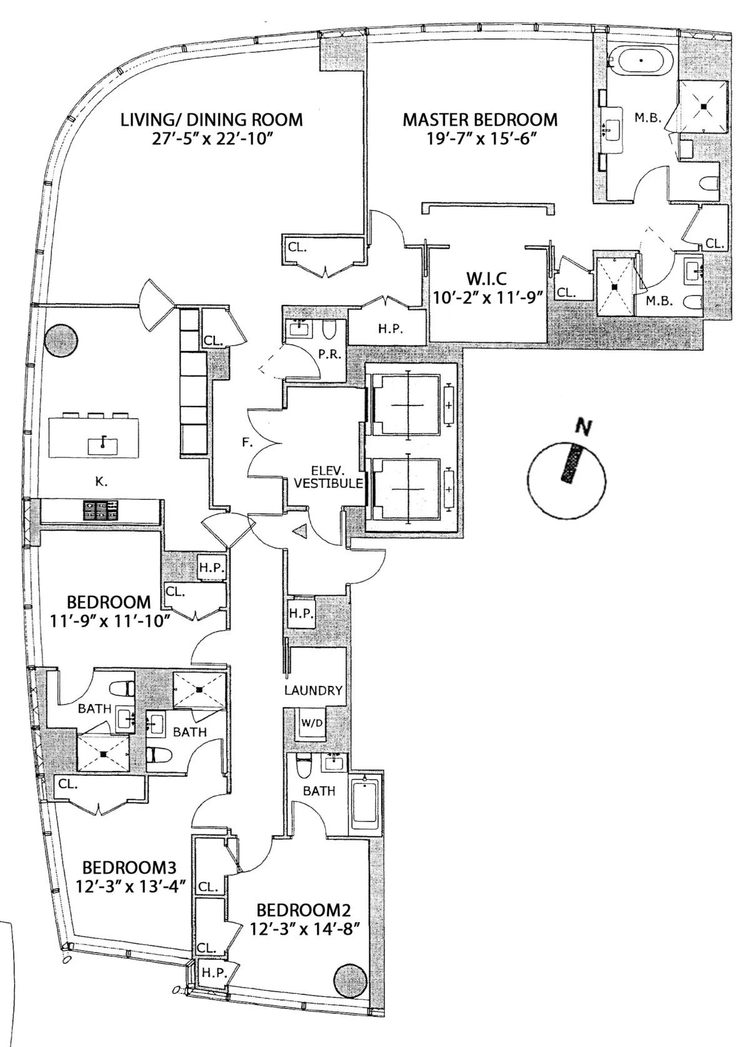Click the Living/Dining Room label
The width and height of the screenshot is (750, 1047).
[211, 119]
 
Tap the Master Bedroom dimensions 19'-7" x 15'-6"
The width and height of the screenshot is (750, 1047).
[480, 139]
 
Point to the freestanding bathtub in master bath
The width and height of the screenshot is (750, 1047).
[642, 61]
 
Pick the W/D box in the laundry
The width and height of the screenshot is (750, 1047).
[312, 723]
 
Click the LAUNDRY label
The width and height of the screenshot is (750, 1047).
[313, 690]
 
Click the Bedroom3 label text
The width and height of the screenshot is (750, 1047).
[129, 868]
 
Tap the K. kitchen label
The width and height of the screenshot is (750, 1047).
[101, 482]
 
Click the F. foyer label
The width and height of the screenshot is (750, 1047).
[247, 443]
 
